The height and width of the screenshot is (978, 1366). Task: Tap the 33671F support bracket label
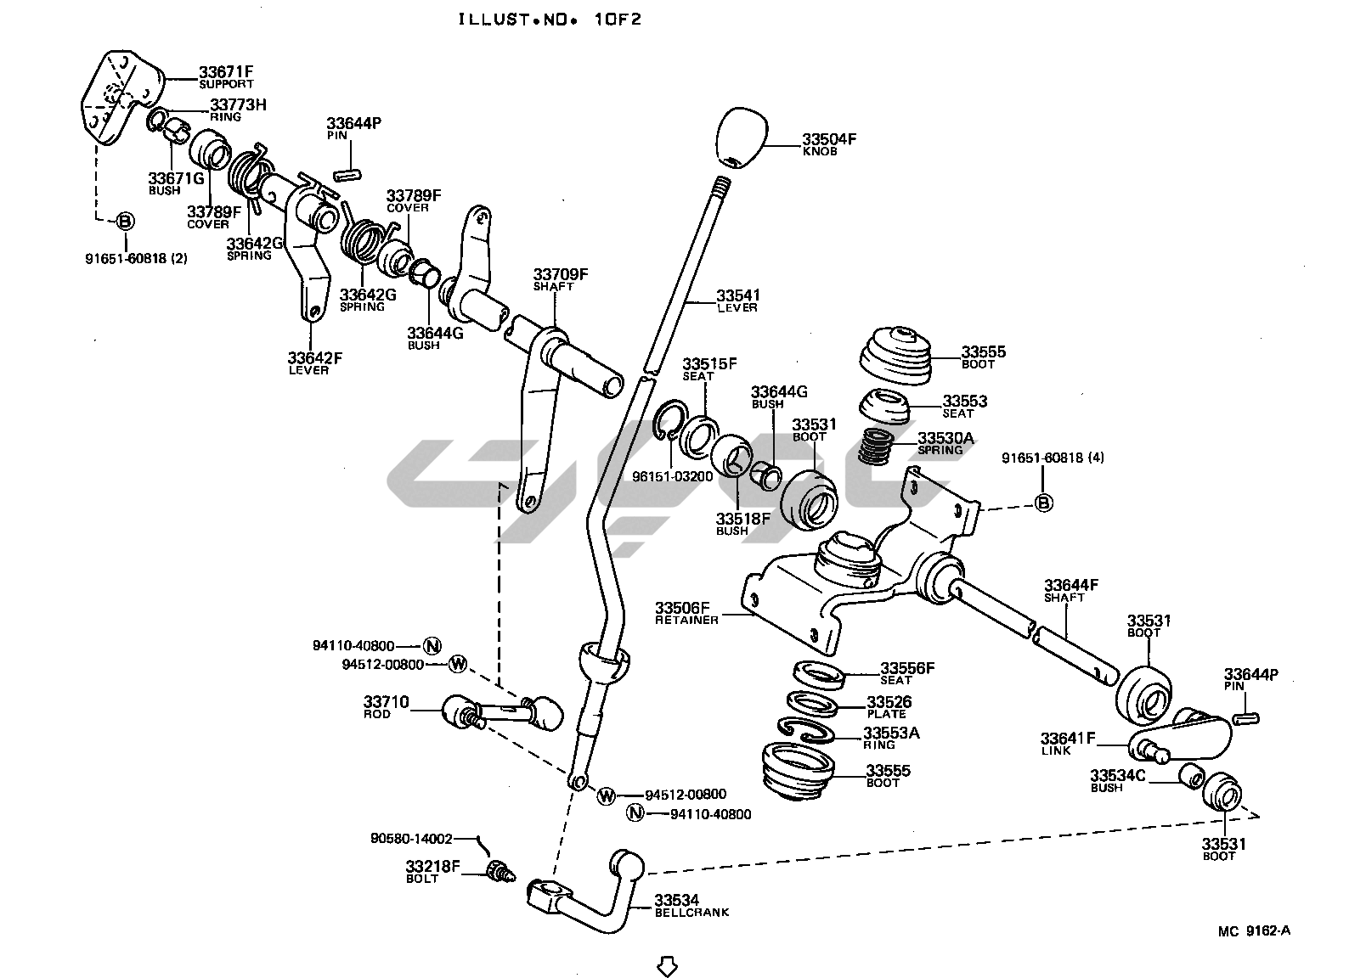[226, 72]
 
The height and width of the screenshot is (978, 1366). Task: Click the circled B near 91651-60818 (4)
[1044, 503]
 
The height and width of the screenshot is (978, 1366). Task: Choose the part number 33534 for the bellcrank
[676, 900]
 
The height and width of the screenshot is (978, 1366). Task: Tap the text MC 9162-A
[1254, 930]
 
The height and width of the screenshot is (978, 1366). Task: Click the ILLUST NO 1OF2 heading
[550, 19]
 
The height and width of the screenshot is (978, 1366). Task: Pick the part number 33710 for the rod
[387, 702]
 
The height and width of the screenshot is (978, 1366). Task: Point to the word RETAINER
[686, 621]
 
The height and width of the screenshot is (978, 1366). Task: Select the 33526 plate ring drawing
[813, 704]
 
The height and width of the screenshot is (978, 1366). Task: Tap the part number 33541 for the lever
[738, 295]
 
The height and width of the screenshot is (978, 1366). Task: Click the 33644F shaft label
[1071, 585]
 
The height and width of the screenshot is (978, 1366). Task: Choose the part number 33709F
[561, 274]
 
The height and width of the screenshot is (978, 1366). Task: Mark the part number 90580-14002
[411, 837]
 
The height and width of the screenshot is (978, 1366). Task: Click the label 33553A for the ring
[891, 733]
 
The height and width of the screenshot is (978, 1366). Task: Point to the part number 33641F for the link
[1069, 739]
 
